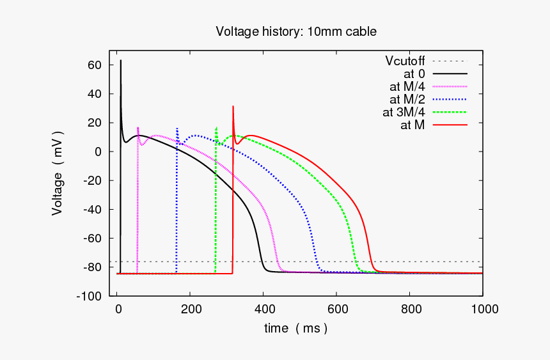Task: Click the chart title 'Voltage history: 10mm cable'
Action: tap(295, 31)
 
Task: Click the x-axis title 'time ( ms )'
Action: tap(295, 328)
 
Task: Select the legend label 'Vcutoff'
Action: tap(404, 61)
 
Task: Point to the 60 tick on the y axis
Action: tap(95, 65)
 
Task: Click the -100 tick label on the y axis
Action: tap(89, 296)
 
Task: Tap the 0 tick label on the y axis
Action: tap(98, 152)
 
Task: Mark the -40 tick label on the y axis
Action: tap(92, 210)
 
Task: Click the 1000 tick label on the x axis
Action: tap(482, 309)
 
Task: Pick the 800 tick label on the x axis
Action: tap(410, 309)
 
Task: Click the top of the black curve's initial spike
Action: tap(121, 61)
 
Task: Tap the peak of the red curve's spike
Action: tap(233, 106)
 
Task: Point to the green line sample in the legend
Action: tap(450, 112)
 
